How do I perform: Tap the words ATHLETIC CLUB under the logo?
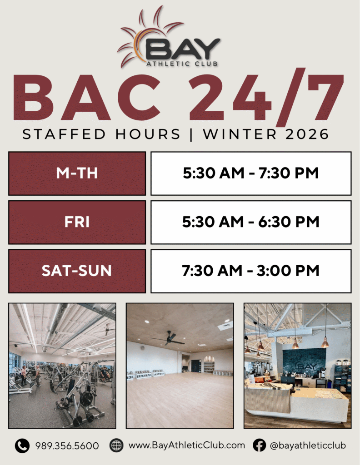point(182,64)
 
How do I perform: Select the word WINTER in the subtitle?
point(240,134)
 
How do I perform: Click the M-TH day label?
point(77,173)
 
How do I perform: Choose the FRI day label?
point(77,222)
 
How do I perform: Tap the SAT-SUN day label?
point(77,271)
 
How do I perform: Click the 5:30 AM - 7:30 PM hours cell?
point(251,173)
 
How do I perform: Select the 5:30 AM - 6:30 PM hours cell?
point(251,222)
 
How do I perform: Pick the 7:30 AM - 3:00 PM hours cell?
point(251,271)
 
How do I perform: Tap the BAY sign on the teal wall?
point(304,366)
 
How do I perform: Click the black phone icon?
point(22,446)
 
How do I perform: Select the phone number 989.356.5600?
point(67,446)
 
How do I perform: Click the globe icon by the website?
point(116,445)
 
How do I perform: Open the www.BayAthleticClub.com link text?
point(187,445)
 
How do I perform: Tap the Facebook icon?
point(260,445)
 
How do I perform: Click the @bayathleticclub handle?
point(308,445)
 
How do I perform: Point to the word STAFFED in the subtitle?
point(64,134)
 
